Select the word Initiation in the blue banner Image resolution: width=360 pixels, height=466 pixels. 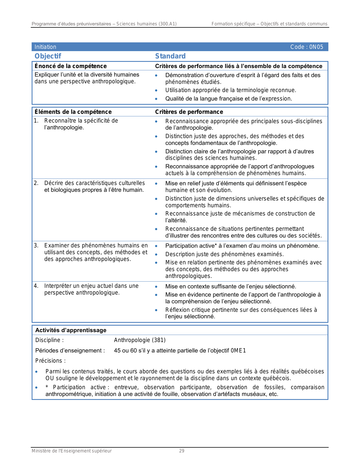[x=45, y=47]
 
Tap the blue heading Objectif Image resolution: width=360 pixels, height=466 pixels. [x=48, y=56]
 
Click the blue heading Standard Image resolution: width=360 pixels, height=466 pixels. [x=170, y=56]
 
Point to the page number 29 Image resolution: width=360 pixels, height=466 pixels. [x=182, y=451]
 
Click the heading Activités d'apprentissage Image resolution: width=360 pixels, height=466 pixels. [x=71, y=330]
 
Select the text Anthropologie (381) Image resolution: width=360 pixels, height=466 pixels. [x=140, y=340]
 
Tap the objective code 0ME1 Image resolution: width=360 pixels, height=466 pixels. [x=238, y=350]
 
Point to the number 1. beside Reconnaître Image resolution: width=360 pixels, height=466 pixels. [x=36, y=121]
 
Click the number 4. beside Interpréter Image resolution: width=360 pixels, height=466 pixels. [x=36, y=286]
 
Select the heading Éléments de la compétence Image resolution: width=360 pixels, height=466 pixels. [x=73, y=112]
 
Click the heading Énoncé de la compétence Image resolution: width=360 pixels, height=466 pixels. [x=71, y=66]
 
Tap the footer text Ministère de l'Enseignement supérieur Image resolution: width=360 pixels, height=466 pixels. [x=72, y=451]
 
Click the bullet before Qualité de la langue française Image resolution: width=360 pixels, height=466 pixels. [x=156, y=99]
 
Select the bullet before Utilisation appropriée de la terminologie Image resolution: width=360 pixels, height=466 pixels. [x=156, y=90]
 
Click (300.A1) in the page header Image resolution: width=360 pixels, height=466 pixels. [x=167, y=24]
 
